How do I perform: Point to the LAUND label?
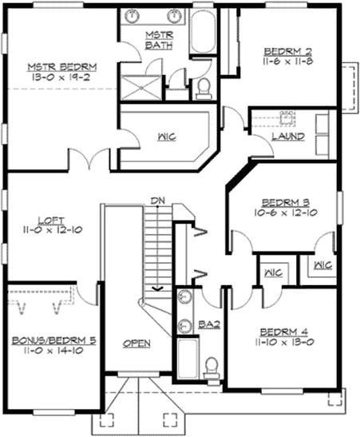point(286,137)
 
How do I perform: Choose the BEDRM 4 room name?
point(287,331)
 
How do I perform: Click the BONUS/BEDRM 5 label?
point(54,340)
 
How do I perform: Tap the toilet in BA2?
point(212,367)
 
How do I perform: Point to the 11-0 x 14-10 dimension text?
point(54,352)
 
